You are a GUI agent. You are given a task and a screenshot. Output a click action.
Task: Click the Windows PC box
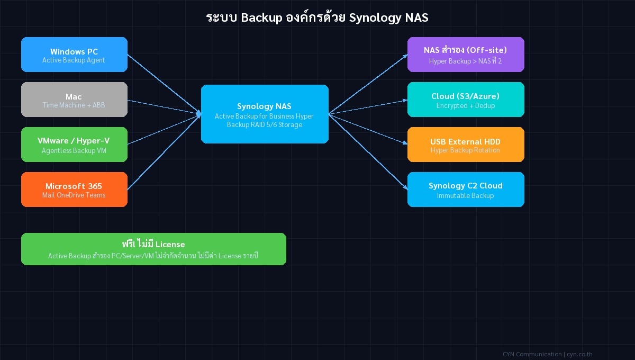coord(74,55)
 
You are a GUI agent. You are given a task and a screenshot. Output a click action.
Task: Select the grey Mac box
coord(74,100)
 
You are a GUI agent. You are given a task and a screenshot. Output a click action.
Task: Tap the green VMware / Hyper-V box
coord(74,145)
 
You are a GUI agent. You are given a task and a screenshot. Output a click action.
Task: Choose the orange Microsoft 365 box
coord(74,190)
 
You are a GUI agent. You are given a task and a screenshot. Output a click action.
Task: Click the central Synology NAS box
coord(265,114)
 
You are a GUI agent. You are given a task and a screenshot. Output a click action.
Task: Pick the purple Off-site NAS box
coord(466,55)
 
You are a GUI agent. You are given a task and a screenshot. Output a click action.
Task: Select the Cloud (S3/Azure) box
coord(466,100)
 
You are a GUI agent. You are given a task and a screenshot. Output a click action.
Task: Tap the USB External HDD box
coord(466,145)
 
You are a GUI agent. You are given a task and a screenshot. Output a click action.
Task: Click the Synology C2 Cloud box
coord(466,190)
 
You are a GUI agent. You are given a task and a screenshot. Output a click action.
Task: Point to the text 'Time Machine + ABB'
coord(74,105)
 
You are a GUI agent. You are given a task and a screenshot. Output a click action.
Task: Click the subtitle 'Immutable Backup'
coord(466,196)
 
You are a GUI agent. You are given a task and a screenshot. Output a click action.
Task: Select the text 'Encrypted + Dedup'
coord(466,106)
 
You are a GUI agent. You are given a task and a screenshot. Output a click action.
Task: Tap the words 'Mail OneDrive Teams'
coord(74,195)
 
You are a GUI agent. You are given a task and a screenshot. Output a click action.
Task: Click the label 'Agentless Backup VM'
coord(74,150)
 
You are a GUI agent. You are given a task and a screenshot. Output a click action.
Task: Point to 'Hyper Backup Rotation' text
coord(466,150)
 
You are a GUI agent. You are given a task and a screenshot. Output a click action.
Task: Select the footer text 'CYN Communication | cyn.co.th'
coord(547,354)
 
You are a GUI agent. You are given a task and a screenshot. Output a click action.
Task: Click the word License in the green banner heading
coord(170,245)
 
